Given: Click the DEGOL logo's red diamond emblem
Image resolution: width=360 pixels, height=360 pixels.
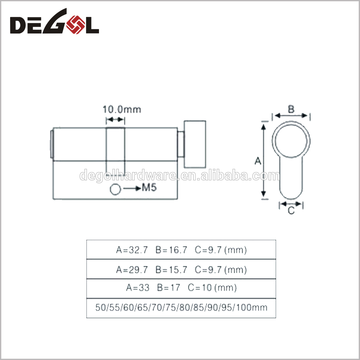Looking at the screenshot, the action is click(x=75, y=24).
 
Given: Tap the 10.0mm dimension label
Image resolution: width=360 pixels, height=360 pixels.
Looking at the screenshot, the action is click(x=122, y=109).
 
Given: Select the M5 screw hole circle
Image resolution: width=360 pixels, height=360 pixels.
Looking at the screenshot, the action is click(x=115, y=190).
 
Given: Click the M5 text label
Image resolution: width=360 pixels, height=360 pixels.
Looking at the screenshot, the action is click(x=149, y=188).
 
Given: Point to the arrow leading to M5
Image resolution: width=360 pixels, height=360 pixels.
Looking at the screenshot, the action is click(x=132, y=189).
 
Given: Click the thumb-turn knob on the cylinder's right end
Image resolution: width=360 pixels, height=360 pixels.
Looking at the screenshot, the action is click(x=195, y=144).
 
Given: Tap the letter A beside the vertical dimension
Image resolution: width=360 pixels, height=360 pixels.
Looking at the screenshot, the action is click(x=258, y=161).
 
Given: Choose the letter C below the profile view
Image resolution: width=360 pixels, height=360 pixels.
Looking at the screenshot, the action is click(x=291, y=210).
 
